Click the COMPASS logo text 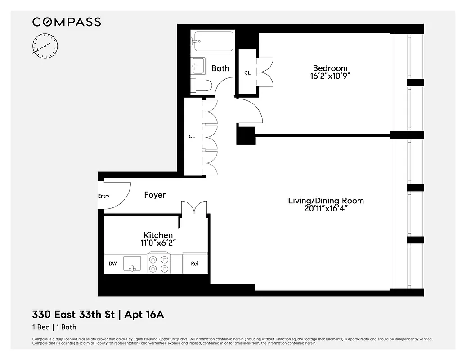point(66,22)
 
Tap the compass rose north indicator point(45,46)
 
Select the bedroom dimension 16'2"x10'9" point(330,76)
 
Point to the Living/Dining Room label point(326,201)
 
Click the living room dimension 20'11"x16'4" point(326,209)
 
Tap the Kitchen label point(158,235)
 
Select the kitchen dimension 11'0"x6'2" point(158,243)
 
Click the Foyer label point(155,195)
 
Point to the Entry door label point(103,196)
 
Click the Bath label point(220,68)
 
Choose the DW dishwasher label point(112,264)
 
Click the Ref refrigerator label point(194,264)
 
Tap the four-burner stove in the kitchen point(159,264)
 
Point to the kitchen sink point(132,264)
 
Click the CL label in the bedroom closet point(247,73)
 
